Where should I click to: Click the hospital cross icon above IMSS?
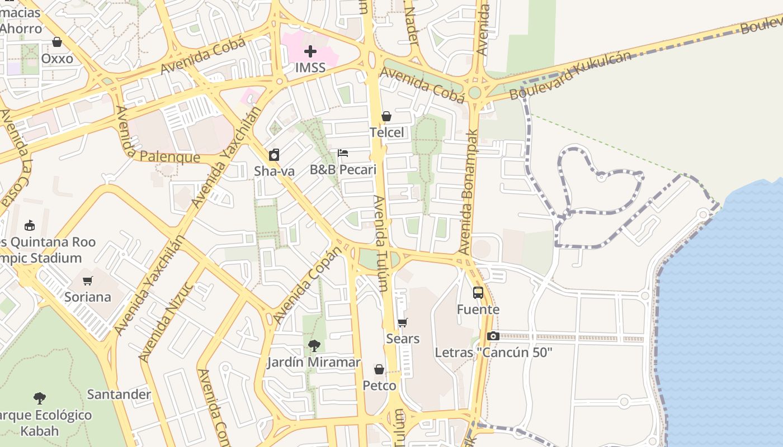click(x=310, y=52)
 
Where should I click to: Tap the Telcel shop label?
click(x=386, y=132)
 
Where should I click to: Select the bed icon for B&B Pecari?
click(x=343, y=153)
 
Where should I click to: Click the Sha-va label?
click(x=274, y=171)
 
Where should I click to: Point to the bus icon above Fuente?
click(x=478, y=292)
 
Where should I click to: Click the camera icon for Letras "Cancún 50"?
click(x=493, y=336)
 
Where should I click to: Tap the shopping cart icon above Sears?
click(x=402, y=322)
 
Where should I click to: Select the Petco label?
click(x=379, y=386)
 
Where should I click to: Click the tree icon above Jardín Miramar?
click(x=314, y=346)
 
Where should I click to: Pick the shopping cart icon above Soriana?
click(x=87, y=280)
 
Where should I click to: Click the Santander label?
click(x=119, y=394)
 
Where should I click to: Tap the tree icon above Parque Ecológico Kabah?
click(x=39, y=398)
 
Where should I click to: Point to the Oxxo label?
click(x=57, y=59)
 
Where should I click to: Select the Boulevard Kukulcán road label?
click(x=570, y=75)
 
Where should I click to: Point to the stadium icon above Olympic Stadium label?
click(x=30, y=225)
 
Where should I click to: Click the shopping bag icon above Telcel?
click(x=386, y=116)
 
